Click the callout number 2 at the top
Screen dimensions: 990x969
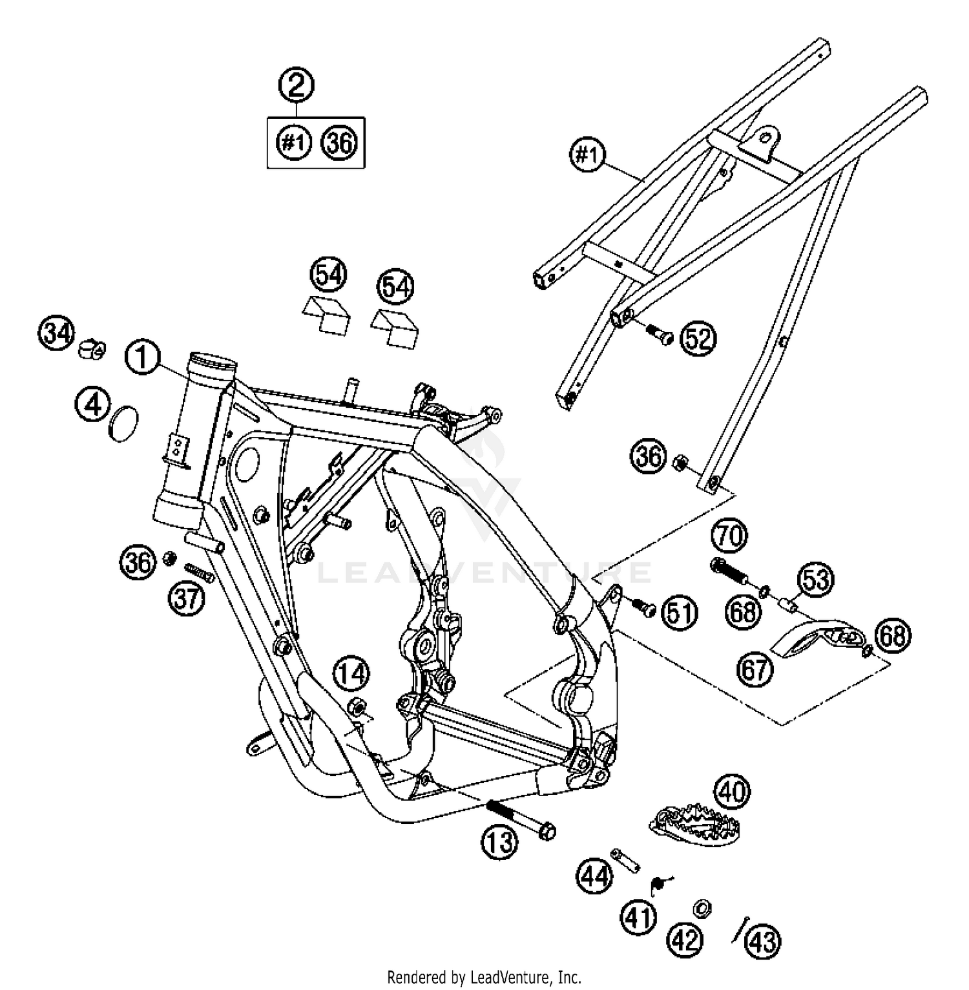(296, 86)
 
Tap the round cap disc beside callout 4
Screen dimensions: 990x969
(123, 425)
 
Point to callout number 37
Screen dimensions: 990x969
(187, 598)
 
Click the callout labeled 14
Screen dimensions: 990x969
(351, 675)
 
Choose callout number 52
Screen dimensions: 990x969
(697, 339)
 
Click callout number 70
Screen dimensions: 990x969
(730, 536)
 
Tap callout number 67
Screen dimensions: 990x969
(755, 670)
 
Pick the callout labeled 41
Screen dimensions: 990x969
(639, 917)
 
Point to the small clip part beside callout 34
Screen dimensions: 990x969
(92, 349)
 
